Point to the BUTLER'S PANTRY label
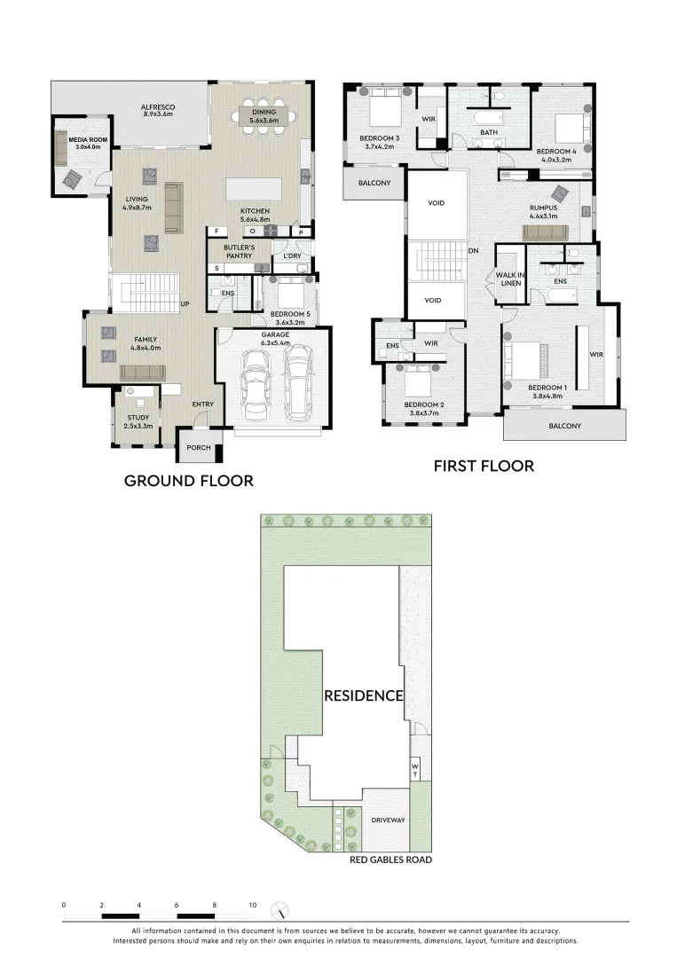click(x=239, y=252)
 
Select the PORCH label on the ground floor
click(x=199, y=447)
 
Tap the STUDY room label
click(x=138, y=421)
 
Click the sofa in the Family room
click(x=142, y=372)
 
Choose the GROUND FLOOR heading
click(x=188, y=481)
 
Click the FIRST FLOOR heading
click(x=483, y=466)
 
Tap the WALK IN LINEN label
click(x=509, y=279)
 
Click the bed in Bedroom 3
click(x=382, y=113)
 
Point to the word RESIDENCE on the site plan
click(x=364, y=695)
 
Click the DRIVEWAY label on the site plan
click(x=388, y=821)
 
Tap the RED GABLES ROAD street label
click(x=390, y=860)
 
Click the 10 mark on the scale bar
click(x=253, y=905)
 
